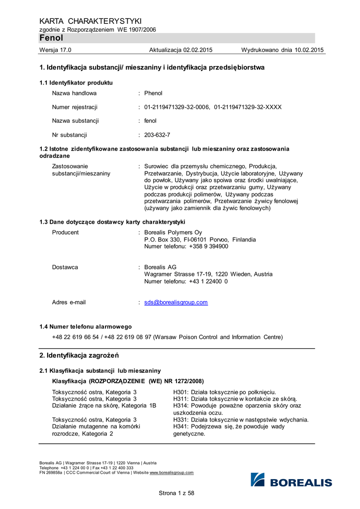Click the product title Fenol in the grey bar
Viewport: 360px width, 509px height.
click(x=51, y=38)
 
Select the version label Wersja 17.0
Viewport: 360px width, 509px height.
click(x=55, y=50)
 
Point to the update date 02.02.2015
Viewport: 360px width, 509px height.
click(x=198, y=50)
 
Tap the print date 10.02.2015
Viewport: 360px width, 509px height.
click(x=309, y=50)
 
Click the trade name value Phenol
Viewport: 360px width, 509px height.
click(x=153, y=93)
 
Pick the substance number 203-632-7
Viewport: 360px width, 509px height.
click(x=157, y=135)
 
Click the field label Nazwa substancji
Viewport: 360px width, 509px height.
click(x=75, y=121)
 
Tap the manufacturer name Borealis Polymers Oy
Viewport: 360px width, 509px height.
click(x=173, y=233)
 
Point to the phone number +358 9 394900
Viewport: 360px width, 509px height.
click(x=209, y=247)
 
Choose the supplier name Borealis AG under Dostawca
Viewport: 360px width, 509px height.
click(x=160, y=267)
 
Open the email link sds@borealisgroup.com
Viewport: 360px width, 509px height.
click(x=176, y=302)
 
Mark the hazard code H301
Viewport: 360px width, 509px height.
click(x=181, y=392)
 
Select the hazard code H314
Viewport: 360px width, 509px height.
click(x=181, y=406)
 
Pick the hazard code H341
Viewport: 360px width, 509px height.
click(x=181, y=426)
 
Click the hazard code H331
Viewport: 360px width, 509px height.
click(x=181, y=420)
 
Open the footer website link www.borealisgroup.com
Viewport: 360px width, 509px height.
click(x=172, y=473)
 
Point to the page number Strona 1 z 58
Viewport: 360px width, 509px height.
click(x=177, y=493)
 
